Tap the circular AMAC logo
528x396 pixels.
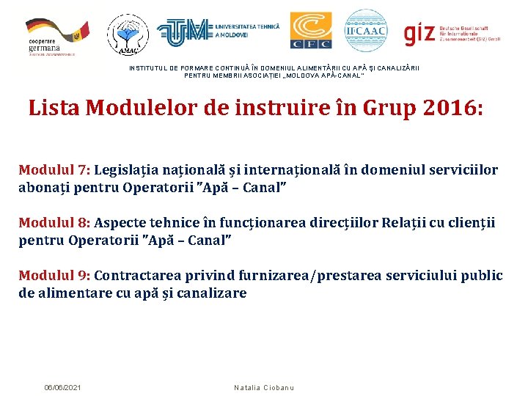click(x=128, y=34)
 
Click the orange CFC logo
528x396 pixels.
click(x=310, y=31)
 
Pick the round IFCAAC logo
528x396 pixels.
click(x=365, y=31)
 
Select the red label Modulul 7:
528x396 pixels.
click(x=54, y=170)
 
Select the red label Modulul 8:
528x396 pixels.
click(x=54, y=222)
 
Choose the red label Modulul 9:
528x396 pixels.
click(x=54, y=276)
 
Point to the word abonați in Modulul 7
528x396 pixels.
click(x=44, y=188)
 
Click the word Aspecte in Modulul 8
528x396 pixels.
click(x=121, y=222)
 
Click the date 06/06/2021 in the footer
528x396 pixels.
click(x=63, y=387)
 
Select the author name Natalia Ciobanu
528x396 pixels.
click(x=263, y=387)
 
